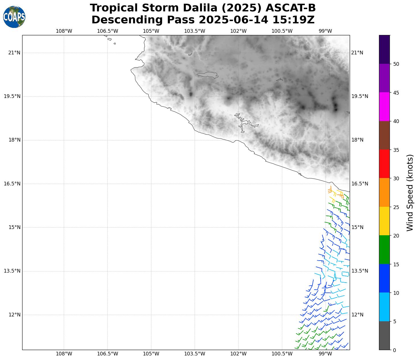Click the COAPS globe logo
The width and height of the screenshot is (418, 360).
click(x=14, y=17)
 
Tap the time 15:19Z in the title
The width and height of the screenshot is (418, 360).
click(x=293, y=20)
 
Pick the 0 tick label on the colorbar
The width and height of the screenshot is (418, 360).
click(x=394, y=350)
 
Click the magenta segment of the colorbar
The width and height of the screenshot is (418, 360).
click(x=384, y=107)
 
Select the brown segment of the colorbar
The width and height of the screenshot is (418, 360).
click(x=384, y=135)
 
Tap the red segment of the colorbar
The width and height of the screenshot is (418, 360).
click(x=384, y=164)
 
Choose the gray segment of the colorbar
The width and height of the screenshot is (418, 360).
click(x=384, y=336)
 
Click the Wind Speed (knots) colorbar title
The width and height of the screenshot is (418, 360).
click(x=410, y=193)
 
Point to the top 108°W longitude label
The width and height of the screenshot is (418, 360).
click(x=64, y=31)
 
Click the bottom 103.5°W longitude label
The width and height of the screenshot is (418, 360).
click(x=195, y=354)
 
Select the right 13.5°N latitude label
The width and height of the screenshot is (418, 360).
click(x=360, y=271)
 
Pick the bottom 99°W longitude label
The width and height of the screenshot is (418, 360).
click(x=325, y=354)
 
